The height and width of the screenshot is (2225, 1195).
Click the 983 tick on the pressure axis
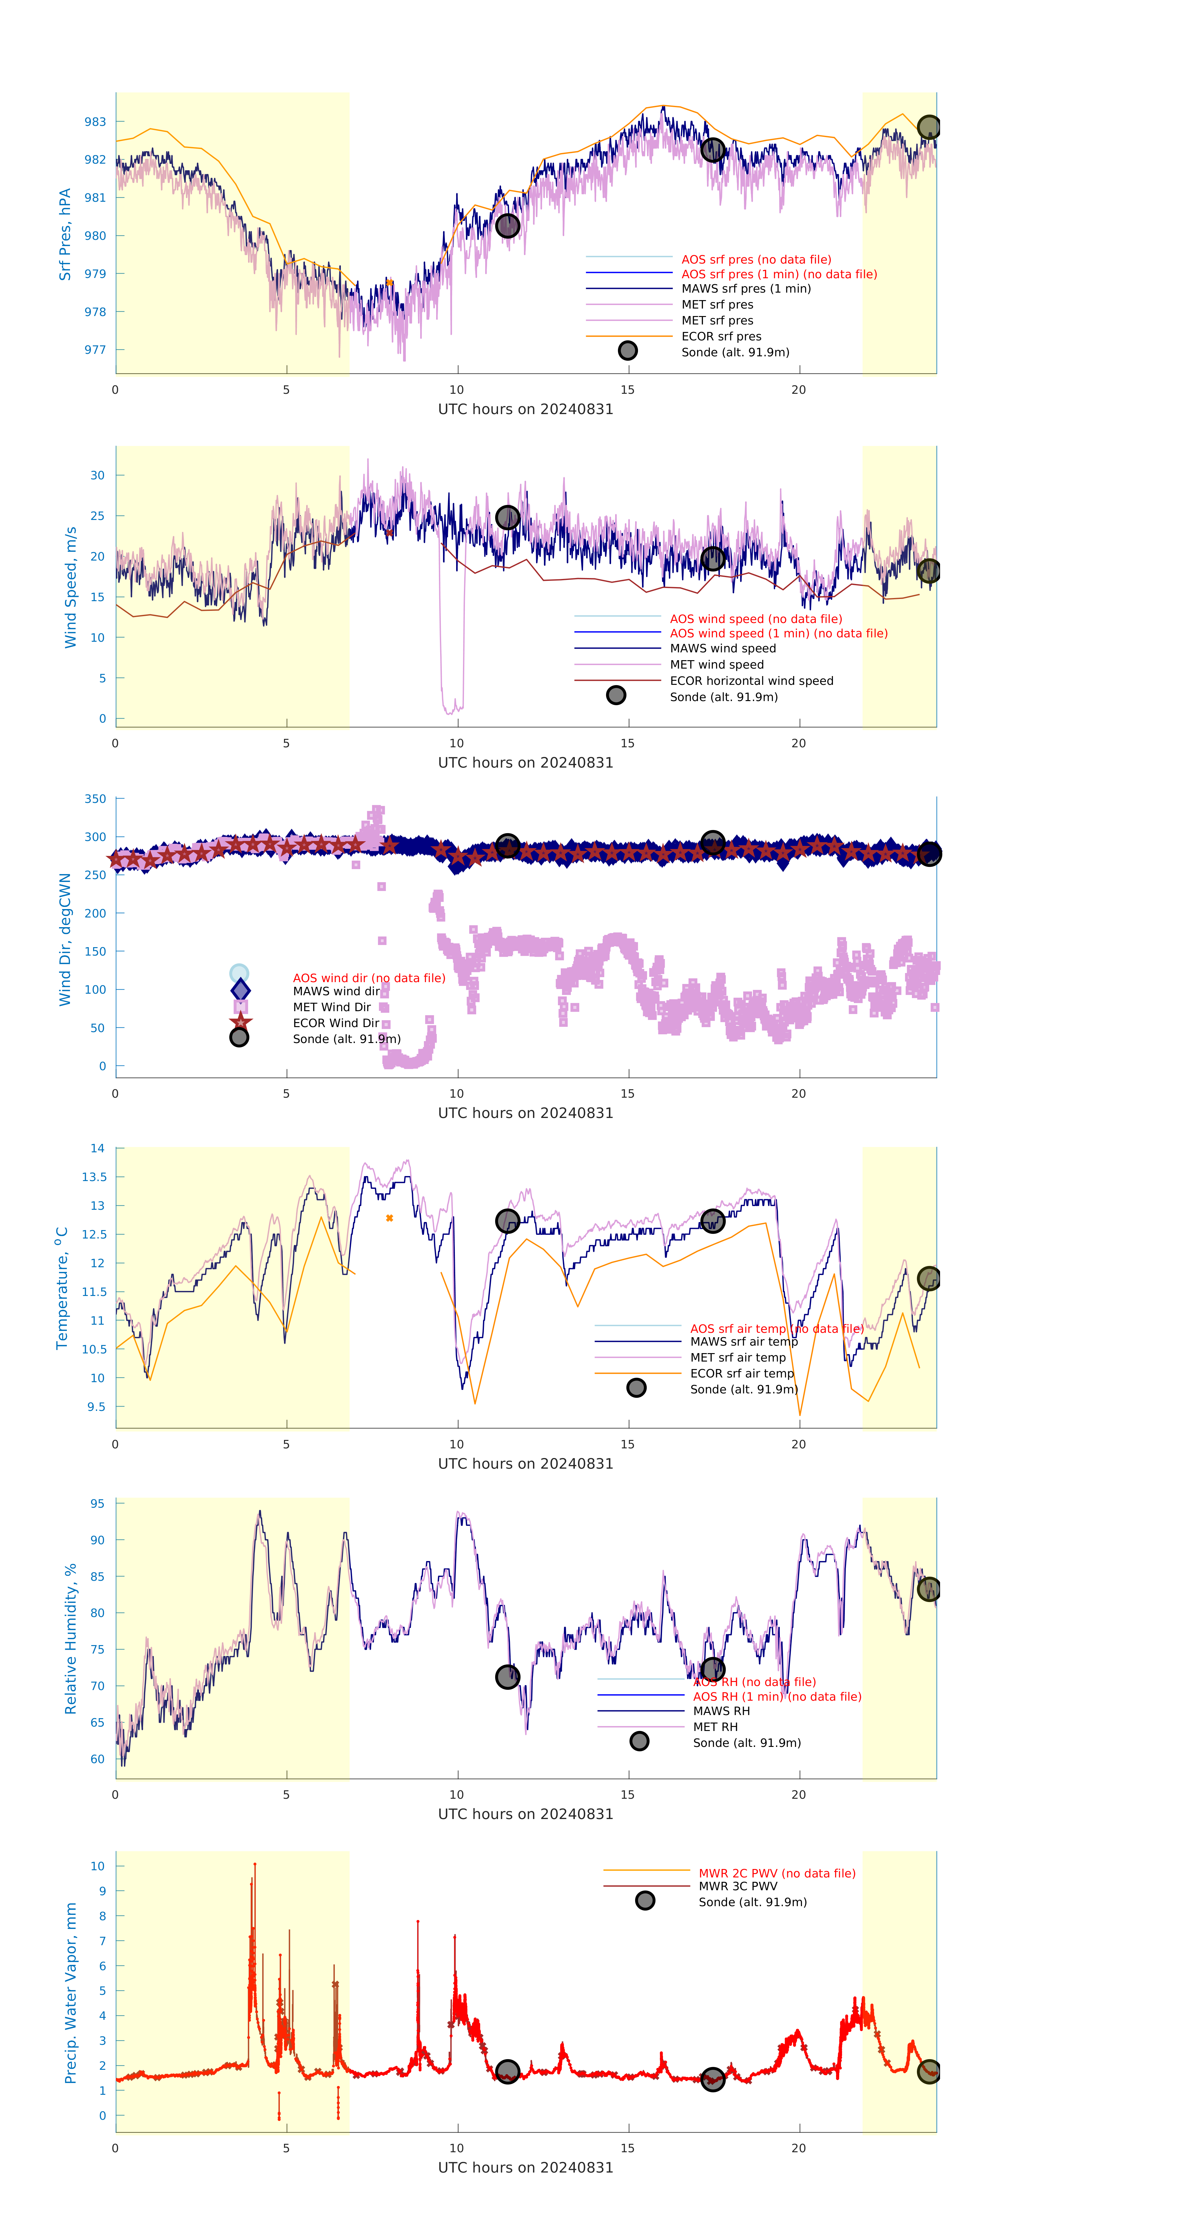pos(95,122)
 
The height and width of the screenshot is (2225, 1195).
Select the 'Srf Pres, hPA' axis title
pos(65,234)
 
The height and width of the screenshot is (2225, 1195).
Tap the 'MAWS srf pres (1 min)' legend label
pos(746,289)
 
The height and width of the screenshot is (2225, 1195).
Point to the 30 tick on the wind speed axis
pos(98,475)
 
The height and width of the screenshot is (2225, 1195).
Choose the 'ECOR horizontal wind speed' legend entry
pos(751,681)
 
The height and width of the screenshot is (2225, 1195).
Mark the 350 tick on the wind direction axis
pos(95,799)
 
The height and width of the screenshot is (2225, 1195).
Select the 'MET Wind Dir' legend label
pos(331,1007)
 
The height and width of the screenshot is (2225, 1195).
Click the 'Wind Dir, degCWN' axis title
pos(65,939)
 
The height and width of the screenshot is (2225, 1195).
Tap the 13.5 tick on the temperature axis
pos(94,1176)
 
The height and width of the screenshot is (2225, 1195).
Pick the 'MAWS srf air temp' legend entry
pos(743,1341)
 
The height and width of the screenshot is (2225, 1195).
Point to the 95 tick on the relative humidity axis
pos(98,1504)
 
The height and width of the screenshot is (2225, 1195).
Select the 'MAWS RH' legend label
pos(721,1711)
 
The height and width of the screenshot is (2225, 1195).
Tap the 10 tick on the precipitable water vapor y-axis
pos(98,1866)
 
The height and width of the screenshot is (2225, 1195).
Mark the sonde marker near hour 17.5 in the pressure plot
pos(712,150)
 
